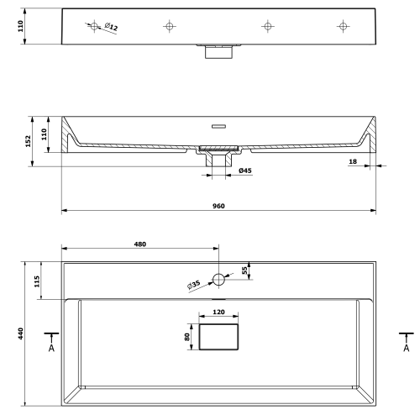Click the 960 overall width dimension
click(218, 206)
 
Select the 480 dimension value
click(140, 244)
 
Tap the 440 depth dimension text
click(21, 333)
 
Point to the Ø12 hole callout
click(111, 27)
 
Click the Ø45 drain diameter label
click(245, 171)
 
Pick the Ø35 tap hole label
click(194, 285)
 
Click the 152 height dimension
click(28, 141)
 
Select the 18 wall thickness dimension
click(353, 161)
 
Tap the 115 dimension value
click(37, 281)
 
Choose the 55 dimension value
click(244, 270)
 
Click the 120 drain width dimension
click(218, 312)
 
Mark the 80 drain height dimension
click(187, 337)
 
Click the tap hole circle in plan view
click(218, 280)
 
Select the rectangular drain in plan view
click(218, 337)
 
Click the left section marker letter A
click(51, 348)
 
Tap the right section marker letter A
click(407, 348)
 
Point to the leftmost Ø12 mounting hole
click(94, 26)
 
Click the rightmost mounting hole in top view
click(343, 26)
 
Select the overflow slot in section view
click(218, 126)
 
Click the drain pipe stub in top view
click(218, 52)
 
